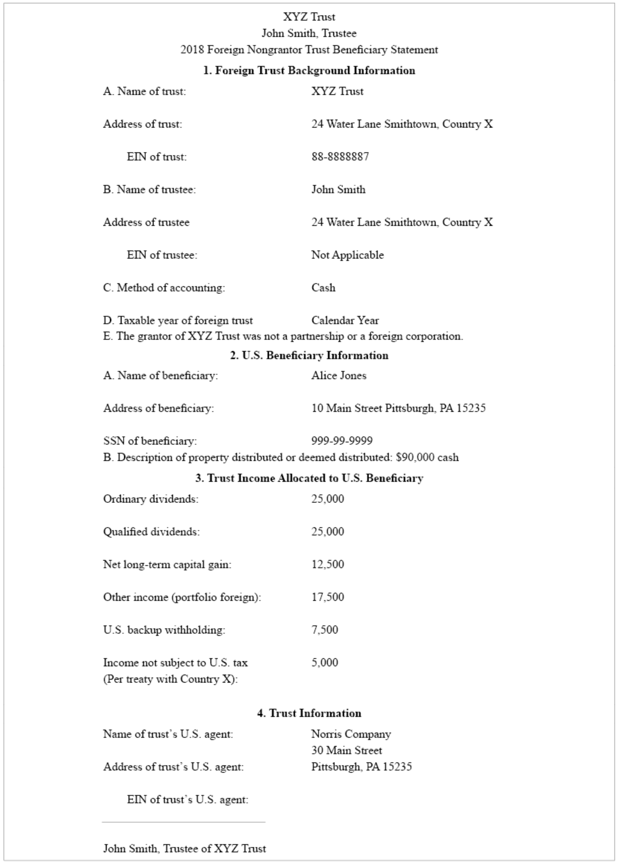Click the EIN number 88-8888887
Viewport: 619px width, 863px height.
click(340, 157)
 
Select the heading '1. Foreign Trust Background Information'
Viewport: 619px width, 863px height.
click(309, 70)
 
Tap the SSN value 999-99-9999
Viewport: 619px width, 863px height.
click(342, 440)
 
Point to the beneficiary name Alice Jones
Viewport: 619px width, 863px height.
click(339, 375)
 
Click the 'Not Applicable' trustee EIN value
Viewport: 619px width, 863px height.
click(347, 255)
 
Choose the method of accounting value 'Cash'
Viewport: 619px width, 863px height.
click(323, 288)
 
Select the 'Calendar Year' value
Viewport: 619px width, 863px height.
click(345, 320)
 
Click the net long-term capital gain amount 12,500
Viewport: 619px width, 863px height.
click(327, 564)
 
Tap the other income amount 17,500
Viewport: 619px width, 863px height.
click(327, 597)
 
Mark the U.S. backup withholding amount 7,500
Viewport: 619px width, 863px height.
click(324, 630)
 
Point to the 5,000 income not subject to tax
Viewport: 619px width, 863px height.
click(324, 663)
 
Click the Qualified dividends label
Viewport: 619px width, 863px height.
click(151, 532)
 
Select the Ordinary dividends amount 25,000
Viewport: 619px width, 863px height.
click(327, 499)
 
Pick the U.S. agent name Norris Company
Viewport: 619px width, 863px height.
click(351, 734)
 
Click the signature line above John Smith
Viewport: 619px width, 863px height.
click(184, 822)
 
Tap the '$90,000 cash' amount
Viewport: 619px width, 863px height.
click(427, 457)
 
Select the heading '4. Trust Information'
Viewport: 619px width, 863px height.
click(309, 713)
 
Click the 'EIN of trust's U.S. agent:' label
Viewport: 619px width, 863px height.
click(187, 800)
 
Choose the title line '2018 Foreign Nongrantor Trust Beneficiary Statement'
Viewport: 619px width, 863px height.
click(309, 50)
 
